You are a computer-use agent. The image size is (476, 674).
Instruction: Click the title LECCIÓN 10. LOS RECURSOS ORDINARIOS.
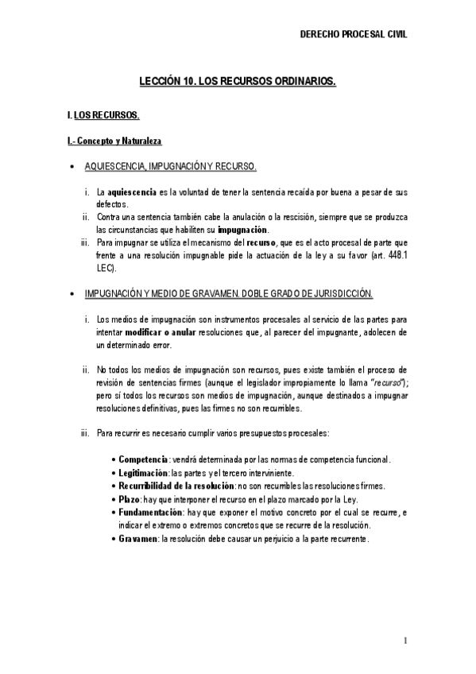(x=238, y=81)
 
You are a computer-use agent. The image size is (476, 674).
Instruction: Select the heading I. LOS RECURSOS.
(x=104, y=116)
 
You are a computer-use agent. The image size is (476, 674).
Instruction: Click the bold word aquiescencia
(x=132, y=192)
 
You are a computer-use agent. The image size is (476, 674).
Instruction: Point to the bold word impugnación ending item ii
(x=243, y=228)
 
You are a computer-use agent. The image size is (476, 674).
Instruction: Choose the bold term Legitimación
(x=145, y=473)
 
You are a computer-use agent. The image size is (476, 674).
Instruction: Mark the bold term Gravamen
(x=137, y=539)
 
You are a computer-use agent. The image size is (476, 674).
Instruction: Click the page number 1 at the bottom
(x=404, y=641)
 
